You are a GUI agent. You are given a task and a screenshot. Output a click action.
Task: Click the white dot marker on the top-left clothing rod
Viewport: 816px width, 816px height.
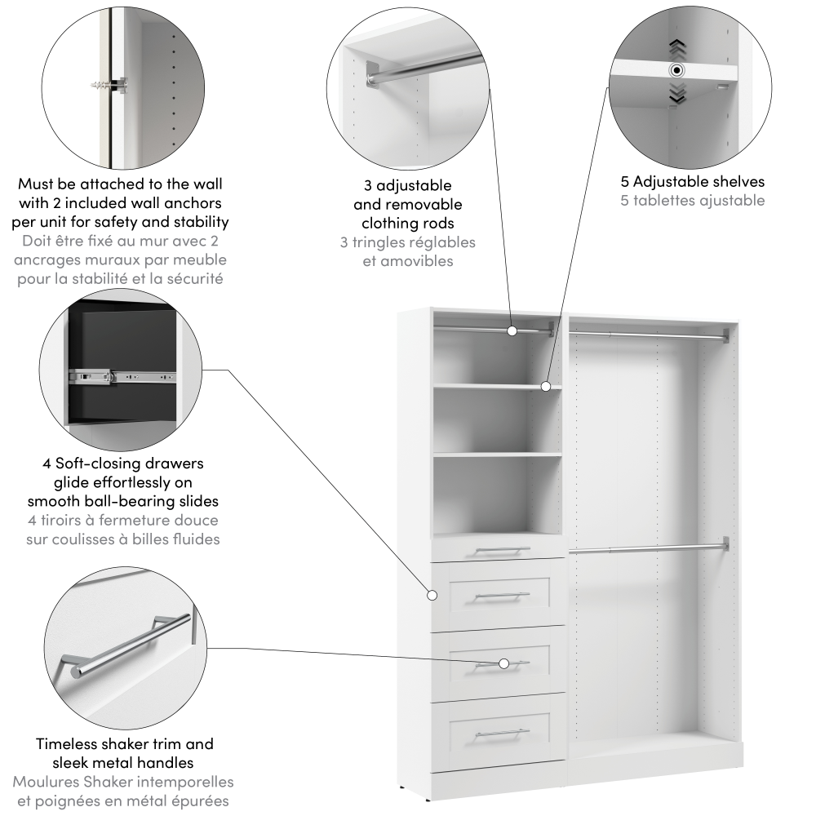(512, 330)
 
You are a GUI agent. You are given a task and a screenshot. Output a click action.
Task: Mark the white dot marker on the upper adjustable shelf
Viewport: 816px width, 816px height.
(545, 386)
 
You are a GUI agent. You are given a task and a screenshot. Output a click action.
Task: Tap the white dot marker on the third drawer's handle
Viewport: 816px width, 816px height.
(503, 663)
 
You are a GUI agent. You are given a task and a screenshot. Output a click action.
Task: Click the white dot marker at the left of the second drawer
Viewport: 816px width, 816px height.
(432, 595)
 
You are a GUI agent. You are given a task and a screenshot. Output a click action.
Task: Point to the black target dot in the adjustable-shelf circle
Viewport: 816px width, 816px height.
(676, 69)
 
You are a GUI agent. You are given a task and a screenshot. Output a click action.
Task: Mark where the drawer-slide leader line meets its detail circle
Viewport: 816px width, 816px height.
(202, 370)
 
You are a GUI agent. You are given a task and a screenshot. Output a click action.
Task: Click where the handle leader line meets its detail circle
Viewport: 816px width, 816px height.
(207, 647)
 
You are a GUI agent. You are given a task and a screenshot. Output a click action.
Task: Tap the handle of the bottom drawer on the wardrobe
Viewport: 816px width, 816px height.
(502, 733)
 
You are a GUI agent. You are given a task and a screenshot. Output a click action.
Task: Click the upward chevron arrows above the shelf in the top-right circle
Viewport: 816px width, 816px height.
(676, 50)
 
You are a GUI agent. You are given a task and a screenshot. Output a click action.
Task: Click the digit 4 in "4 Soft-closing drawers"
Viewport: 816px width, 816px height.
(47, 463)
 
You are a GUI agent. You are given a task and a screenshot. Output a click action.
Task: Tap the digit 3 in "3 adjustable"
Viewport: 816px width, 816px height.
(368, 185)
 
